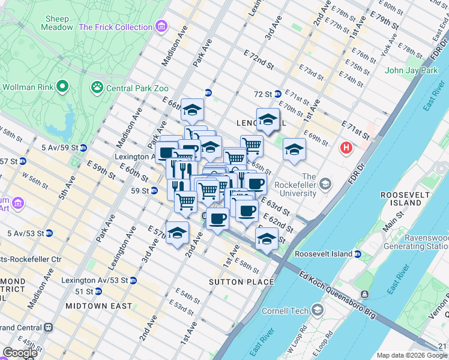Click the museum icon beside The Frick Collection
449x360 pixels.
[161, 27]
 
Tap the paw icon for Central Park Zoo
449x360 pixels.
[97, 88]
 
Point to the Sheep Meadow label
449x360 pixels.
[58, 23]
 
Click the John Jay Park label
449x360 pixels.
[411, 70]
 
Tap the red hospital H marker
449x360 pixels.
[346, 147]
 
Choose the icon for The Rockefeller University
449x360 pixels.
[325, 182]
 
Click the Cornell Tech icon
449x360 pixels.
[317, 310]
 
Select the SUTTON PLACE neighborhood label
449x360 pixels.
[241, 282]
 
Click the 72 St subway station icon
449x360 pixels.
[277, 94]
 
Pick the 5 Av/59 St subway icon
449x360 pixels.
[83, 148]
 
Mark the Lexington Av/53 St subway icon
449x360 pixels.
[133, 280]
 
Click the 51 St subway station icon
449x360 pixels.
[98, 292]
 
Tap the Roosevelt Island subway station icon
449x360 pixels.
[358, 254]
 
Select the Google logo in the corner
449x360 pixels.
[20, 353]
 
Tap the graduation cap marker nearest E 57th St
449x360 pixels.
[177, 233]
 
